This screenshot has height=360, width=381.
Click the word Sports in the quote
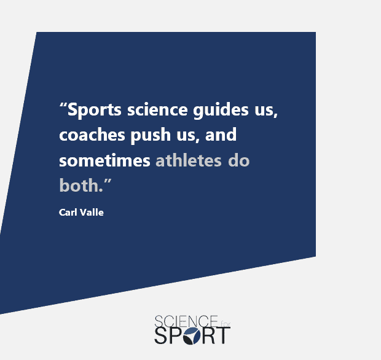tap(94, 111)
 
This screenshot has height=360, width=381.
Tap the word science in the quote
tap(157, 109)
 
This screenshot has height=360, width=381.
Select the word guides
tap(221, 111)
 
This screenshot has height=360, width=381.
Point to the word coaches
tap(92, 135)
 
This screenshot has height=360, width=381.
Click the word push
tap(151, 136)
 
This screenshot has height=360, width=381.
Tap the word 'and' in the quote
tap(221, 135)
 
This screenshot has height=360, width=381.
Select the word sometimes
tap(104, 160)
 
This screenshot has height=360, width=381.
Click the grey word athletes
tap(189, 160)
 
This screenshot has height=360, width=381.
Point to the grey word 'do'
tap(239, 160)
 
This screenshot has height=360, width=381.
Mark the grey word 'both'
tap(79, 185)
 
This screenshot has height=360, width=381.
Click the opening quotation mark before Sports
tap(63, 106)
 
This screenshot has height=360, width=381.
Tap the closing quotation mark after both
tap(108, 181)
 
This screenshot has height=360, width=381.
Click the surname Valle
tap(92, 213)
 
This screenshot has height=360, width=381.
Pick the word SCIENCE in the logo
tap(186, 322)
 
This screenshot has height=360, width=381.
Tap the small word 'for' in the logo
tap(226, 324)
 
